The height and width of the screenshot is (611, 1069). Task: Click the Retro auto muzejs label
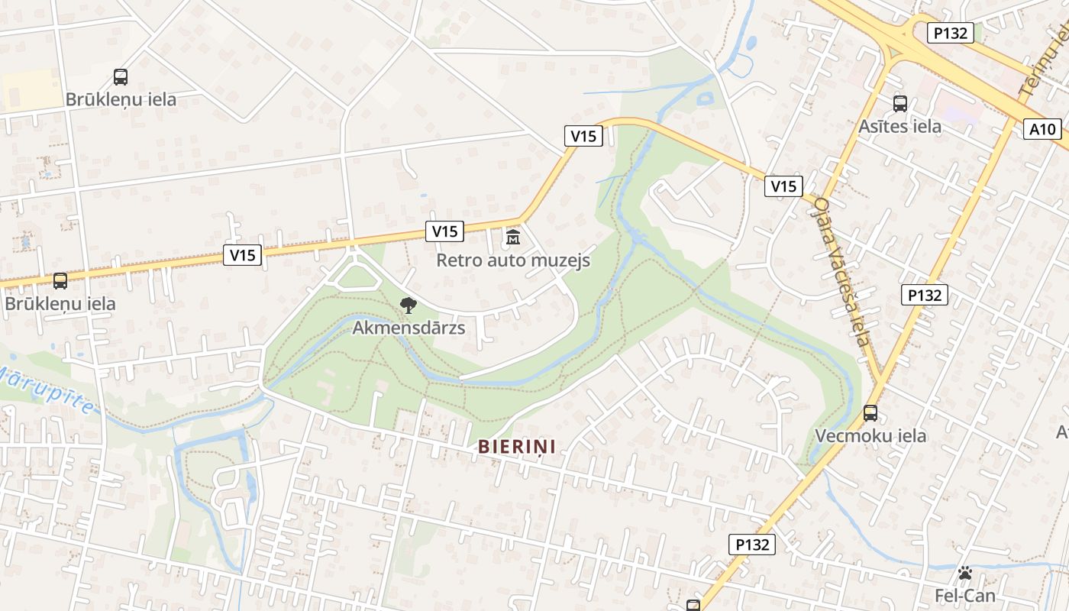tap(513, 260)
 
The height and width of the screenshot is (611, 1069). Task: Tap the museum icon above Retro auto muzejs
tap(513, 238)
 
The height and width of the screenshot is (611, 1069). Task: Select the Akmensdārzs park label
tap(409, 328)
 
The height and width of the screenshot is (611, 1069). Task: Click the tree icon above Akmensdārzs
tap(409, 305)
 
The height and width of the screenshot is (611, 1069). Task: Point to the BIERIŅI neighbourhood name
tap(517, 447)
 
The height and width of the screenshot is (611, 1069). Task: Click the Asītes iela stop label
tap(900, 126)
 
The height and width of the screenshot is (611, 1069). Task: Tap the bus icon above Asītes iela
tap(900, 104)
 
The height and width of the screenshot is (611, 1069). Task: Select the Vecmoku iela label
tap(870, 435)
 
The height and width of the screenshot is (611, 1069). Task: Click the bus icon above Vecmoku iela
tap(870, 413)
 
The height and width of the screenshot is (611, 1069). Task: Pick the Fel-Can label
tap(965, 595)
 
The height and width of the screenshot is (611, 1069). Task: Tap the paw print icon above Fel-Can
tap(965, 573)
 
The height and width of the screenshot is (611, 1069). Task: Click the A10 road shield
tap(1042, 129)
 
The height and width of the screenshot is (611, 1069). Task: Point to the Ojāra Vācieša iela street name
tap(841, 271)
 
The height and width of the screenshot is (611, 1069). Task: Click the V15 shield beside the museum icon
tap(444, 231)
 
